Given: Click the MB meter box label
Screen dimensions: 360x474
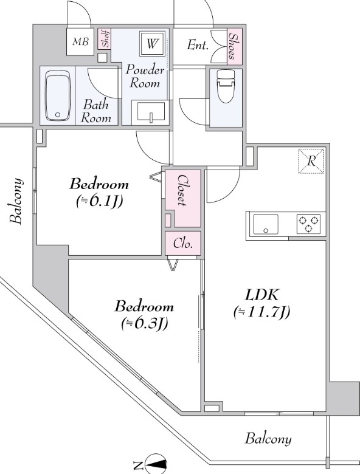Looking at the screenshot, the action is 80,42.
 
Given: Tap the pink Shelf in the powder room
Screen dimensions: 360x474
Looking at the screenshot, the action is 105,38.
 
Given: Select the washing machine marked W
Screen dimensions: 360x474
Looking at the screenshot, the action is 152,43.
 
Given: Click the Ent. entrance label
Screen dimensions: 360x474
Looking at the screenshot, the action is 198,46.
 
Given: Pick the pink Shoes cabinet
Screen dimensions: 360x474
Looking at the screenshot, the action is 235,46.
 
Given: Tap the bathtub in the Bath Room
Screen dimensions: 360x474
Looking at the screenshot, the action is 58,96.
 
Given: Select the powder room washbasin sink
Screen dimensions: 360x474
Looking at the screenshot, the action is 151,112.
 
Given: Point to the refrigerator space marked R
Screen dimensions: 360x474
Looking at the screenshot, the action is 311,161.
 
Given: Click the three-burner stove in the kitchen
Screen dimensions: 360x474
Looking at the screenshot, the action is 308,224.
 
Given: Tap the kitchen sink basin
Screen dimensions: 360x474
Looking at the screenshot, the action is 266,224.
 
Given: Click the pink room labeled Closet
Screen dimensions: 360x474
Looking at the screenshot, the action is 182,199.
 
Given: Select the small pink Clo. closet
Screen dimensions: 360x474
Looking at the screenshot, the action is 182,243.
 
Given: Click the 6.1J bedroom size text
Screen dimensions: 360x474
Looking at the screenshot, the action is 100,201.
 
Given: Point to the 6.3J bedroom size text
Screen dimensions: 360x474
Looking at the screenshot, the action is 144,324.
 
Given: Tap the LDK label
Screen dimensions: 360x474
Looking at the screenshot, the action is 261,295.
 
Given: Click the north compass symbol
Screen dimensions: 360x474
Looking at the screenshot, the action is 156,464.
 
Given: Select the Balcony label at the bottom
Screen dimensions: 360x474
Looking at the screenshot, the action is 268,439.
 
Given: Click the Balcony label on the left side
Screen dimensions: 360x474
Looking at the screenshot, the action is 16,201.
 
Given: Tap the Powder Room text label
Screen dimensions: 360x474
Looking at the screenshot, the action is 145,76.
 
